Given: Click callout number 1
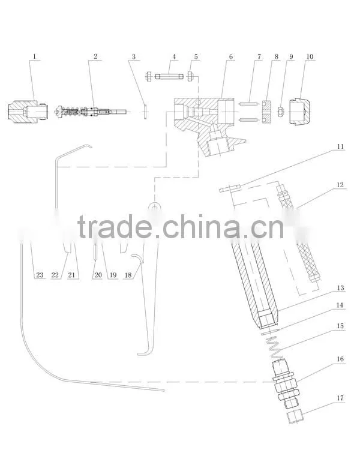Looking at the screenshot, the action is [x=34, y=56].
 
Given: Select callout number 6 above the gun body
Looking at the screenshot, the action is [x=231, y=56].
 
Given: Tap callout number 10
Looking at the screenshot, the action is [x=310, y=56].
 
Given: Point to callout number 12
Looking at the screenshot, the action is [x=340, y=184].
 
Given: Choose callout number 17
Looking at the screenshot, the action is [x=340, y=398].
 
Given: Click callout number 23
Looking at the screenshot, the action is [x=40, y=275].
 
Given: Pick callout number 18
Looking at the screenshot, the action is [x=128, y=275].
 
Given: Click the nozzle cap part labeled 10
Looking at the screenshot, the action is [x=299, y=112].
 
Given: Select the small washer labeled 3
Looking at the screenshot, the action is [x=145, y=111].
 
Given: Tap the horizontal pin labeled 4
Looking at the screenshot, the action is [x=169, y=77].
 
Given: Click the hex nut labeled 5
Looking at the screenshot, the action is [x=190, y=76].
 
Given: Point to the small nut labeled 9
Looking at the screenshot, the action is [x=281, y=112].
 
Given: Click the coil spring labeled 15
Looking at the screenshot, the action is [x=274, y=347].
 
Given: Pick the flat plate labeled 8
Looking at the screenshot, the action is [x=266, y=112].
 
